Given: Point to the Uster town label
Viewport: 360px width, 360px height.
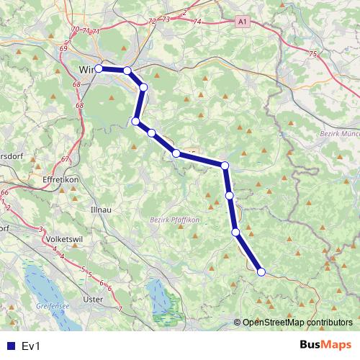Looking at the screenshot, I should click(94, 298).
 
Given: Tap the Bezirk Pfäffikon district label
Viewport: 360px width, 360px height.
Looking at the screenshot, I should click(176, 220).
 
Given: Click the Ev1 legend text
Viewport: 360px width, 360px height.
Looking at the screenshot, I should click(31, 346).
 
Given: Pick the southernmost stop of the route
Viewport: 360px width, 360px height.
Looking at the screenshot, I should click(261, 271).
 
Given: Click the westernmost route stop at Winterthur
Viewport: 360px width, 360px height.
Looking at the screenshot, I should click(99, 69).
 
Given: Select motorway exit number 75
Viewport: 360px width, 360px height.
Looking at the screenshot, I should click(312, 54).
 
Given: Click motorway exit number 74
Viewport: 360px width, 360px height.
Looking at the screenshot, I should click(197, 22).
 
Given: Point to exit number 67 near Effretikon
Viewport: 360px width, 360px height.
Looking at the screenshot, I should click(65, 159).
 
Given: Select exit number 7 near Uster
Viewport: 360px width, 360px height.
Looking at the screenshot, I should click(120, 308).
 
